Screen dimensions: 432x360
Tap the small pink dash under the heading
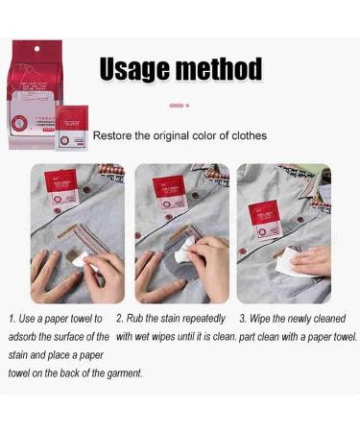(x=176, y=105)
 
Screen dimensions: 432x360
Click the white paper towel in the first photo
(x=81, y=256)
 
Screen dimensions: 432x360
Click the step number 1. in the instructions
(x=12, y=318)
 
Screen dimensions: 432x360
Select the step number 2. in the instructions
(x=120, y=318)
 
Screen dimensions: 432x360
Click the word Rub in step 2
(x=138, y=318)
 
